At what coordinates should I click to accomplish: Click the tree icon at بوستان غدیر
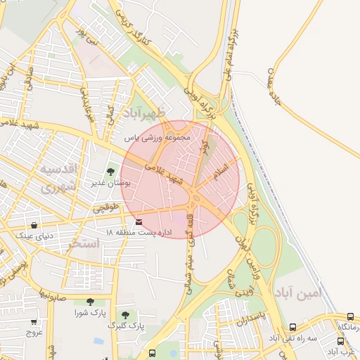tap(110, 172)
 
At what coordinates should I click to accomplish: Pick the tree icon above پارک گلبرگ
tap(125, 314)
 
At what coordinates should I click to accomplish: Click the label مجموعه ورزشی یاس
tap(158, 138)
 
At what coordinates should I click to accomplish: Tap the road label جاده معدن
tap(284, 86)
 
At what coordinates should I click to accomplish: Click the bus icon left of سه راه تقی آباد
tap(292, 328)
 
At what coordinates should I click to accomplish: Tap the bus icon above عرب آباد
tap(340, 342)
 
